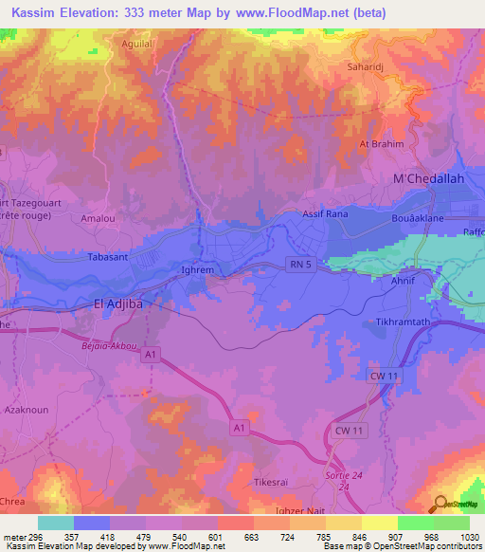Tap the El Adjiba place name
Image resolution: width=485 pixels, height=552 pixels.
tap(123, 304)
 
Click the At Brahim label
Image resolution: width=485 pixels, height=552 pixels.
tap(381, 144)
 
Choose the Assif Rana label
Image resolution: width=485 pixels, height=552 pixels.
tap(326, 214)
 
